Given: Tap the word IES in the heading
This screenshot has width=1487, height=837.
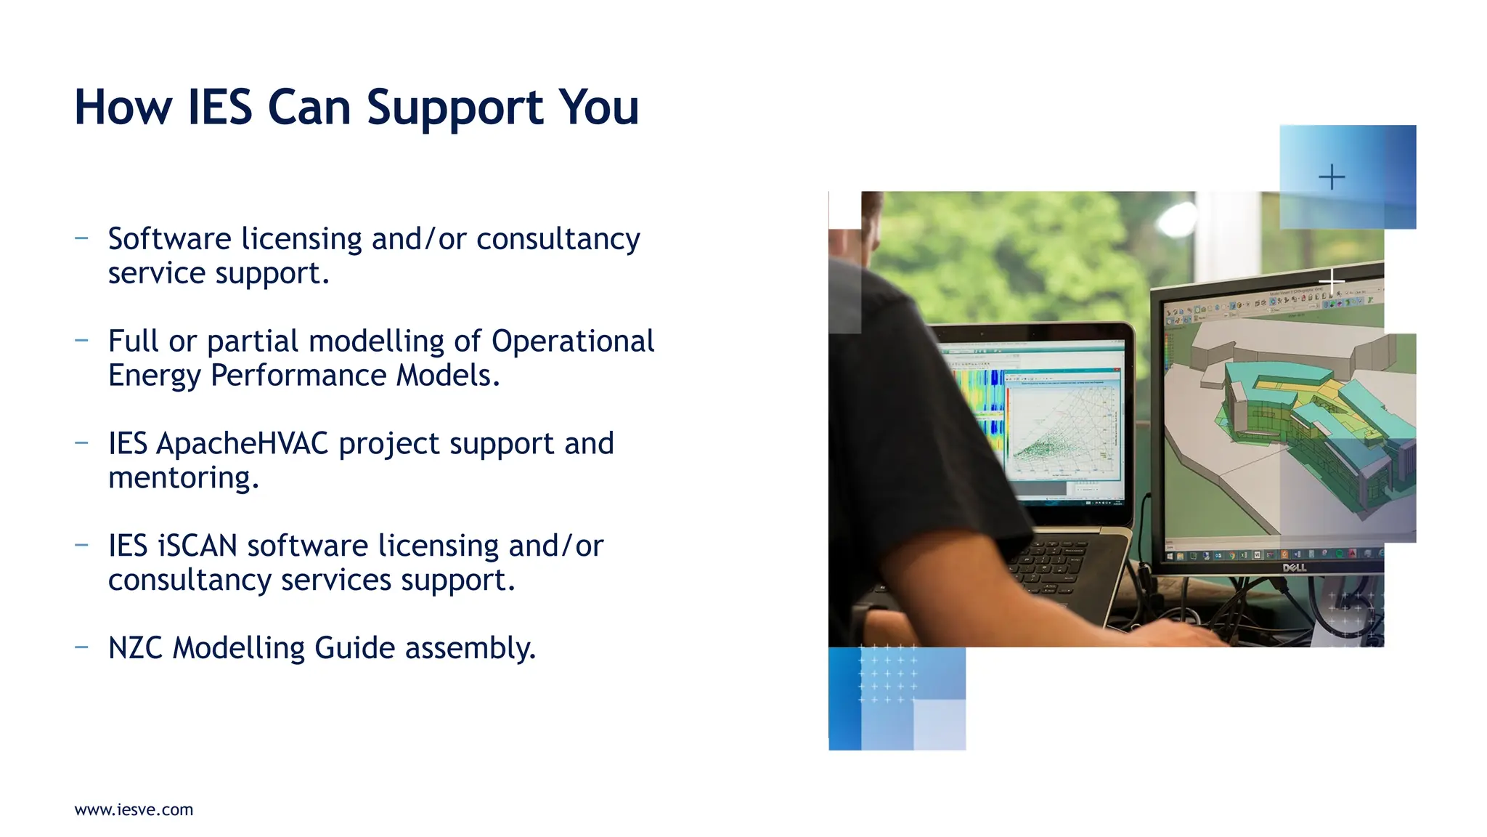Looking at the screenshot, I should click(x=219, y=108).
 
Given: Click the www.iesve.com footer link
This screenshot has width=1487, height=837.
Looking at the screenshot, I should click(x=134, y=809).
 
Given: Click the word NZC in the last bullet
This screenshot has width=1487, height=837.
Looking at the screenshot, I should click(x=135, y=648).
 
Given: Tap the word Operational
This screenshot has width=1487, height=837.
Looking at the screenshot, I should click(x=573, y=341).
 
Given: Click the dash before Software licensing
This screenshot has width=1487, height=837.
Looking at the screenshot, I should click(x=81, y=238).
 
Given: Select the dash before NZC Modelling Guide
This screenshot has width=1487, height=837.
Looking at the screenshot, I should click(x=81, y=647).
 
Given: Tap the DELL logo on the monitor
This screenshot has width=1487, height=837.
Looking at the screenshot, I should click(x=1294, y=567).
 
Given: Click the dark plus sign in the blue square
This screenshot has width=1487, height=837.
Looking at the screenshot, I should click(x=1332, y=177).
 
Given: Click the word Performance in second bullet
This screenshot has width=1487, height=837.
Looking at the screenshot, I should click(x=298, y=376).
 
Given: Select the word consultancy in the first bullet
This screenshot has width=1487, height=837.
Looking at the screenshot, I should click(x=558, y=239).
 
